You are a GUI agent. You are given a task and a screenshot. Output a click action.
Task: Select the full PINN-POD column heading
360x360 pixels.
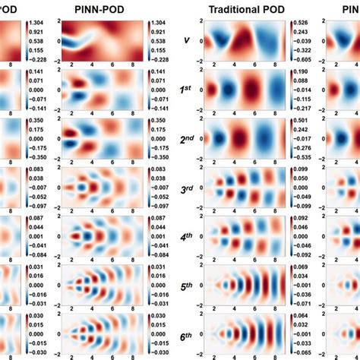[x=96, y=9]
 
